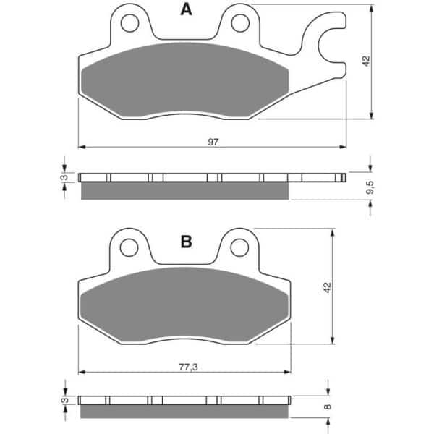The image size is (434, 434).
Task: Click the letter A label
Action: [186, 9]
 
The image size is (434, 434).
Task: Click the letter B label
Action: [186, 242]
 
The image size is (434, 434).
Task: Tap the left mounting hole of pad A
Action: [129, 23]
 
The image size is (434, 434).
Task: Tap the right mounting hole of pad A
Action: [240, 23]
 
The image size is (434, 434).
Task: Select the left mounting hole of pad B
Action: [129, 247]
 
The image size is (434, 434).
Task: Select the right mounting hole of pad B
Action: [239, 247]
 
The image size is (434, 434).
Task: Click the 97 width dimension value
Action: [213, 142]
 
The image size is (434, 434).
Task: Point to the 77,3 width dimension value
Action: [188, 367]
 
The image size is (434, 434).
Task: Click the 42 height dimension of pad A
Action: [366, 61]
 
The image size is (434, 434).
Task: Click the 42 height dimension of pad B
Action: [327, 287]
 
